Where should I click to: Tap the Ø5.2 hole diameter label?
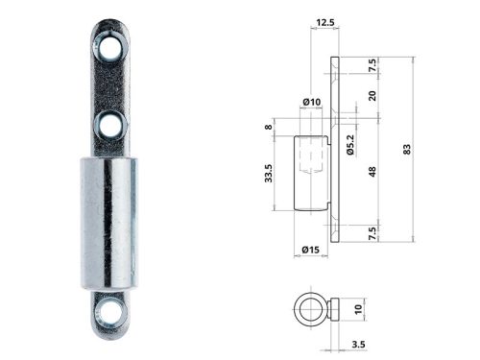coord(352,144)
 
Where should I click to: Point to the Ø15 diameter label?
coord(310,250)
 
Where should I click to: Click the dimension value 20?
coord(372,96)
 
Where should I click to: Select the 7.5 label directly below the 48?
coord(372,232)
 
